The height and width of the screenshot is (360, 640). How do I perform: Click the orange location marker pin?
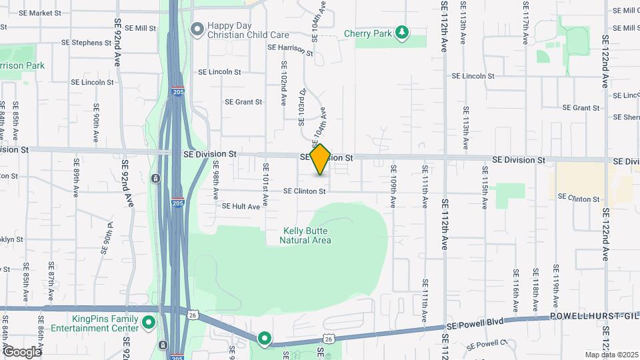pyautogui.click(x=321, y=159)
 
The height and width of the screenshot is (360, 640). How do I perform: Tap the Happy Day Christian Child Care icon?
pyautogui.click(x=197, y=29)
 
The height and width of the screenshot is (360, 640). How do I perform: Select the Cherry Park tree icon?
pyautogui.click(x=401, y=31)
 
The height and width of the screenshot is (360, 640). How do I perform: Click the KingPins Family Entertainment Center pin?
pyautogui.click(x=149, y=323)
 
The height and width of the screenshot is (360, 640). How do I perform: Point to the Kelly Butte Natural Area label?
pyautogui.click(x=305, y=235)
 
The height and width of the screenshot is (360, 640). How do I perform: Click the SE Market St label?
pyautogui.click(x=40, y=13)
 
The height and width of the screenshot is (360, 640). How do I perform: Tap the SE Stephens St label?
pyautogui.click(x=86, y=43)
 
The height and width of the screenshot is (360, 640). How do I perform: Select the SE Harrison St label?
pyautogui.click(x=290, y=48)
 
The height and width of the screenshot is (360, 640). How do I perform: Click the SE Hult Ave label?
pyautogui.click(x=240, y=207)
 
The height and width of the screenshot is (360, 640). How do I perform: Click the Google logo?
pyautogui.click(x=22, y=351)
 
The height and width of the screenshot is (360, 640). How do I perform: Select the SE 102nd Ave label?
pyautogui.click(x=284, y=81)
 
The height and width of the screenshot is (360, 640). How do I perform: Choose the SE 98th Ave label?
pyautogui.click(x=216, y=183)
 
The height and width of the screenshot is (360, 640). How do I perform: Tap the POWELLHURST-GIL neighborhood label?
pyautogui.click(x=594, y=318)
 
